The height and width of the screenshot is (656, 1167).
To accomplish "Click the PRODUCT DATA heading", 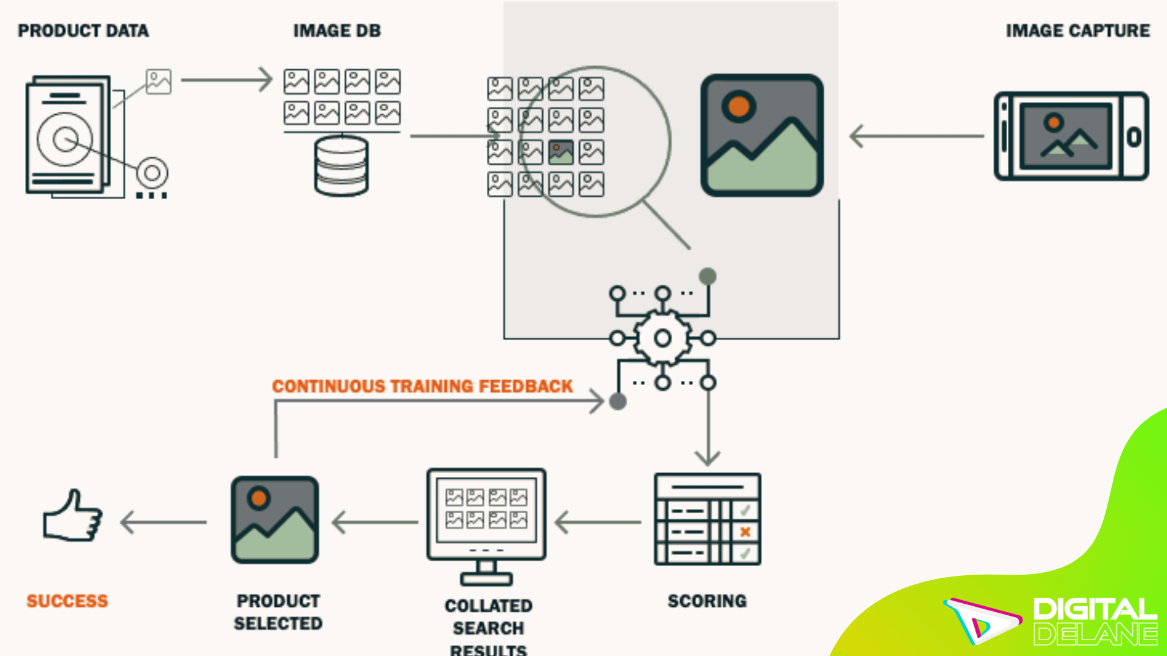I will click(x=83, y=31).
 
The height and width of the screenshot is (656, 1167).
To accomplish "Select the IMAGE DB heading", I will click(x=337, y=31).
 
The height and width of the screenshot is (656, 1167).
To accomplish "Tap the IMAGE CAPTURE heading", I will click(x=1077, y=31).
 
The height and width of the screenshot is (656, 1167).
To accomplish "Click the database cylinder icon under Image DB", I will click(x=342, y=166).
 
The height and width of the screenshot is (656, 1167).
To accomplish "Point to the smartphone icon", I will click(x=1071, y=136).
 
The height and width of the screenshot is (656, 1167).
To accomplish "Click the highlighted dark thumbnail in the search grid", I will click(x=560, y=152).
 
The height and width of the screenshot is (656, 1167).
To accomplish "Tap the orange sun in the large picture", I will click(x=738, y=107).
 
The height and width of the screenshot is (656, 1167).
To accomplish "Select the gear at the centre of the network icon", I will click(x=663, y=338).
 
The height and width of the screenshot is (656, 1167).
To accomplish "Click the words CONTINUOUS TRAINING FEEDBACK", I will click(x=422, y=386).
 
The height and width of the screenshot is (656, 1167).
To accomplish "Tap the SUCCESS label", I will click(x=67, y=601).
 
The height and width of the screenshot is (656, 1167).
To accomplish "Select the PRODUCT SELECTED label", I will click(x=278, y=612).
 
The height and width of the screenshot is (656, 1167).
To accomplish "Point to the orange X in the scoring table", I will click(x=745, y=532).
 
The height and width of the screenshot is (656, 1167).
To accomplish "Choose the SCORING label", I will click(x=707, y=601).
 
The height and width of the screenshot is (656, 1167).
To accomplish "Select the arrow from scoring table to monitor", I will click(x=598, y=522).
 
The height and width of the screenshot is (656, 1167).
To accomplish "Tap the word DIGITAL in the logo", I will click(x=1094, y=609).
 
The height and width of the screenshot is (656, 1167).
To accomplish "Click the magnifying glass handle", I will click(x=667, y=225).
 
